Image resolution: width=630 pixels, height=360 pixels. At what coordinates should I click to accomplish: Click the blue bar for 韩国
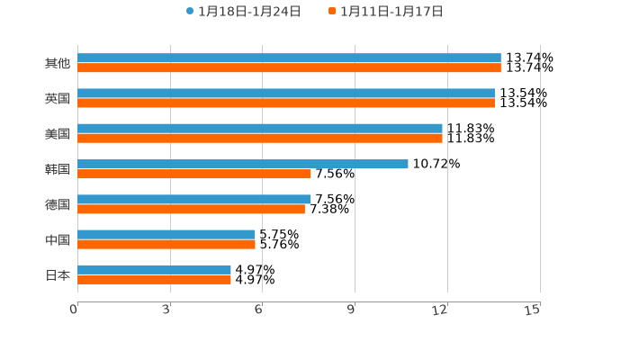pyautogui.click(x=243, y=164)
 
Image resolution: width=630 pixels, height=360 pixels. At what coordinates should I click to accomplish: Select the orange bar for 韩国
pyautogui.click(x=194, y=174)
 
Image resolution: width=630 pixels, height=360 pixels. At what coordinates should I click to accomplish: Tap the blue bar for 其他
pyautogui.click(x=289, y=58)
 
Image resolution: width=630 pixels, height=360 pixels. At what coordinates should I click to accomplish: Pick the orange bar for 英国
pyautogui.click(x=286, y=103)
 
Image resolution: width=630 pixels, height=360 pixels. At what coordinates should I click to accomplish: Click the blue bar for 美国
pyautogui.click(x=260, y=129)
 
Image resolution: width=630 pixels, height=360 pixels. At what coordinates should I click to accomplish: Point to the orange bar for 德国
pyautogui.click(x=191, y=209)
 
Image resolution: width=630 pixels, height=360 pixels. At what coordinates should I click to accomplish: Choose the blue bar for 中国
pyautogui.click(x=166, y=234)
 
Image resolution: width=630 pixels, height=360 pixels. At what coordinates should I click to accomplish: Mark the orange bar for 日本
pyautogui.click(x=154, y=280)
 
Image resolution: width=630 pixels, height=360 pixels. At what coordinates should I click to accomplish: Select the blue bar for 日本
pyautogui.click(x=154, y=269)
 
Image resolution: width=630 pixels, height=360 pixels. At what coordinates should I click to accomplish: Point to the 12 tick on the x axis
pyautogui.click(x=440, y=310)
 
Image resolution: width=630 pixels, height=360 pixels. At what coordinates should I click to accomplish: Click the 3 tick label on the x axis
pyautogui.click(x=166, y=310)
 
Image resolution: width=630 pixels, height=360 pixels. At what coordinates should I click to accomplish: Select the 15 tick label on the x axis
pyautogui.click(x=533, y=310)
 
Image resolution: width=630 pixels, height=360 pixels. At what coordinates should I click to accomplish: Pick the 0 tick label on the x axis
pyautogui.click(x=74, y=310)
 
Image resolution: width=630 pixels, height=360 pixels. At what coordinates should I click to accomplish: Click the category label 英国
pyautogui.click(x=58, y=98)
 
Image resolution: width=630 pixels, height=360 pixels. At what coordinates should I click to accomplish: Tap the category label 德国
pyautogui.click(x=58, y=204)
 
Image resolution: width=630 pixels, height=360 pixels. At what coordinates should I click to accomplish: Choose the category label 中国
pyautogui.click(x=58, y=239)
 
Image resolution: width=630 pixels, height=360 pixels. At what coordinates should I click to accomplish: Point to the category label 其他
pyautogui.click(x=58, y=63)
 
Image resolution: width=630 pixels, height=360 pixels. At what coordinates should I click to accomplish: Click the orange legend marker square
pyautogui.click(x=332, y=12)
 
